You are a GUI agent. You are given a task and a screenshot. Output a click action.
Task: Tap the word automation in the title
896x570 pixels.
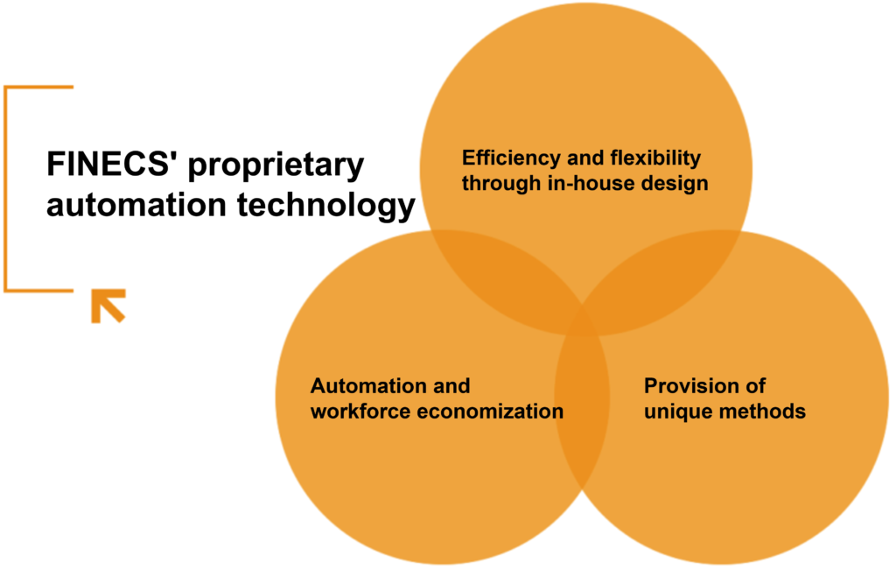click(x=136, y=205)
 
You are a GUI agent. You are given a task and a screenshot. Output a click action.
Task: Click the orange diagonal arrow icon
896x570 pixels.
click(x=108, y=306)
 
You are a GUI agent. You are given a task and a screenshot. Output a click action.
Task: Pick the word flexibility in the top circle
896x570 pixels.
click(x=655, y=158)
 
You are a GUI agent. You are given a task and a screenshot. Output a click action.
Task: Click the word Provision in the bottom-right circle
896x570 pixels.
click(x=688, y=386)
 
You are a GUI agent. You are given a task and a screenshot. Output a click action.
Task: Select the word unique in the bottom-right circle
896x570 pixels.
click(x=675, y=412)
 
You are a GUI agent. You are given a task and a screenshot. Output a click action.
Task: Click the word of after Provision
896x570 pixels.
click(x=751, y=386)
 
